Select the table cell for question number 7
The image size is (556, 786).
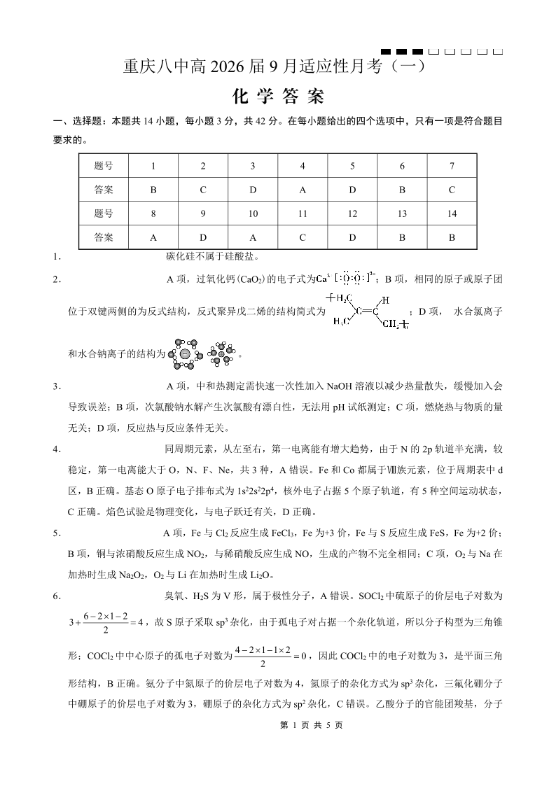(x=452, y=166)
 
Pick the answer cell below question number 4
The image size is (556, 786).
(x=303, y=190)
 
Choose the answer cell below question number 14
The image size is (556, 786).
(x=452, y=237)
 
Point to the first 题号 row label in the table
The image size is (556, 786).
(x=104, y=166)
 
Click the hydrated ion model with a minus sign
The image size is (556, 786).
(x=186, y=353)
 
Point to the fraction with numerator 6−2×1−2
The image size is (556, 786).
(x=104, y=603)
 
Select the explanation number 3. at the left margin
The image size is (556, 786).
(x=57, y=386)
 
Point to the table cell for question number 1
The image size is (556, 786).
(x=153, y=166)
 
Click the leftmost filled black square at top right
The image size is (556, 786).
(x=385, y=52)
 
